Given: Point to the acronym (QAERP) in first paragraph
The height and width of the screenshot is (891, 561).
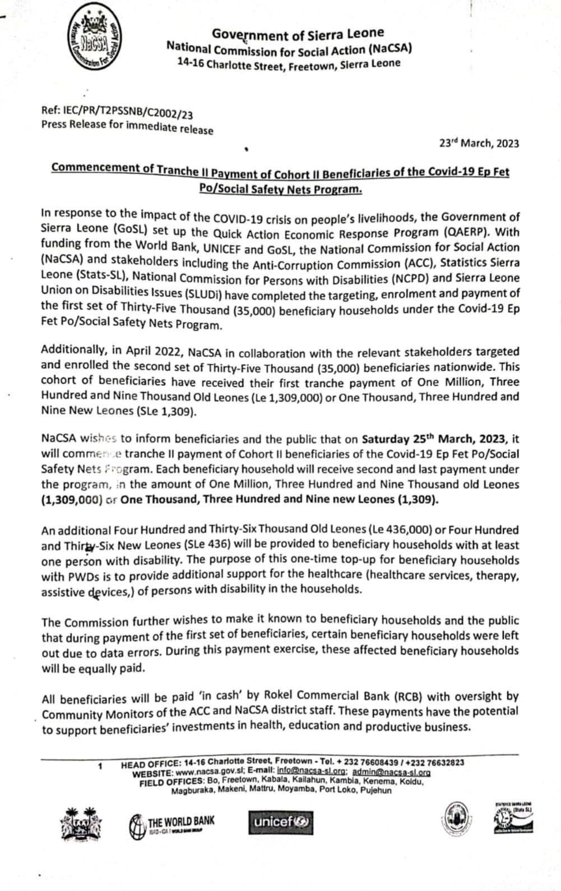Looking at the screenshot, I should (492, 232).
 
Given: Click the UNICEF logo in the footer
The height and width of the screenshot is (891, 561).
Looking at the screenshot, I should (281, 823).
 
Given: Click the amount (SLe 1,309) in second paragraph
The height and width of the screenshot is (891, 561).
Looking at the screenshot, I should (167, 411).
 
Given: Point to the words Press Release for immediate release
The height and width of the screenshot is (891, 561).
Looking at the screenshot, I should (127, 127).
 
